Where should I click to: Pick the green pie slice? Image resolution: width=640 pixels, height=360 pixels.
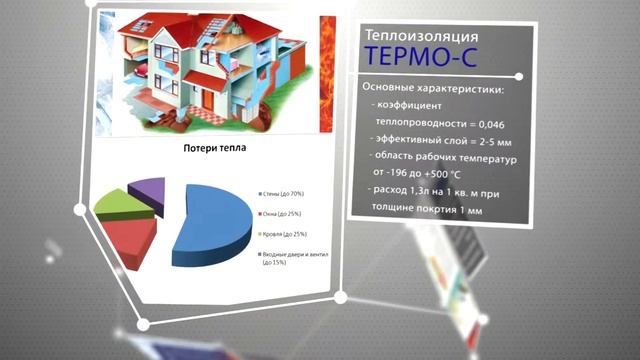pyautogui.click(x=117, y=205)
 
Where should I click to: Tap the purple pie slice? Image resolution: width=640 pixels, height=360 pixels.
pyautogui.click(x=149, y=186)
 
